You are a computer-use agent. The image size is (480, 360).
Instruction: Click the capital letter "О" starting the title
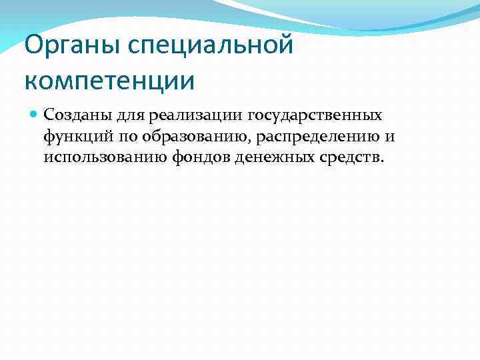tap(32, 46)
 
